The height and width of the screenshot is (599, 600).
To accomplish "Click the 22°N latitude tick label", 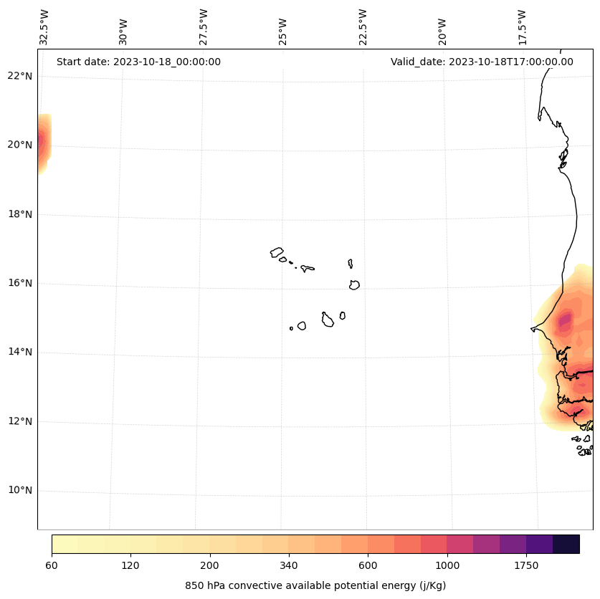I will pyautogui.click(x=19, y=76).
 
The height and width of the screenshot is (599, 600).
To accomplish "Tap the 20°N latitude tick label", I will pyautogui.click(x=19, y=145).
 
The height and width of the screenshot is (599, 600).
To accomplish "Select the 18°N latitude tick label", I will pyautogui.click(x=19, y=214).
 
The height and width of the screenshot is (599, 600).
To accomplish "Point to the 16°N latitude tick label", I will pyautogui.click(x=19, y=283).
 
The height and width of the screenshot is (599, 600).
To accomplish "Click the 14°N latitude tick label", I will pyautogui.click(x=19, y=352).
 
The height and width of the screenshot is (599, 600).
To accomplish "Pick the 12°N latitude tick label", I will pyautogui.click(x=19, y=421).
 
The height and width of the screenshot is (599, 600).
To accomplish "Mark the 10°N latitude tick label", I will pyautogui.click(x=19, y=490).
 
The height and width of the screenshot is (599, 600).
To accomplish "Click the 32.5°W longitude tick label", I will pyautogui.click(x=44, y=27).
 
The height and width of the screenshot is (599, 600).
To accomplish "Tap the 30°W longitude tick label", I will pyautogui.click(x=123, y=31).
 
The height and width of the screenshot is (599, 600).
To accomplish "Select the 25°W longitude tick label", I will pyautogui.click(x=283, y=31).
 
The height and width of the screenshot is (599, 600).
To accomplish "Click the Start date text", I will pyautogui.click(x=138, y=62).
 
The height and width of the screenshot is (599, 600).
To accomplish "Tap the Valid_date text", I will pyautogui.click(x=482, y=62).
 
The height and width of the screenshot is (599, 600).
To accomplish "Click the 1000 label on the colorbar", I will pyautogui.click(x=447, y=566).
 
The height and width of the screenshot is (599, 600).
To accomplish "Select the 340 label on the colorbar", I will pyautogui.click(x=289, y=566).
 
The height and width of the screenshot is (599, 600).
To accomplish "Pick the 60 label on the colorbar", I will pyautogui.click(x=52, y=566).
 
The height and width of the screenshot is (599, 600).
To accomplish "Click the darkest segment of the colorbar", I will pyautogui.click(x=566, y=544).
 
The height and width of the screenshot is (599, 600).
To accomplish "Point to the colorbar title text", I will pyautogui.click(x=315, y=585).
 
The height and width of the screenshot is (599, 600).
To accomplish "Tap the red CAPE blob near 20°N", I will pyautogui.click(x=41, y=142).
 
